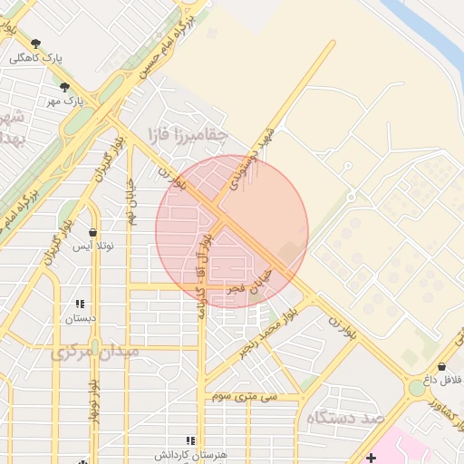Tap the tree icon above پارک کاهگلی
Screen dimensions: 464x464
pos(36,43)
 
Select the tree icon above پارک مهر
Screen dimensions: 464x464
pos(64,87)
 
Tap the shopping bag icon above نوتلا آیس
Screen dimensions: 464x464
pos(92,233)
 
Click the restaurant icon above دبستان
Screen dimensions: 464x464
pos(80,304)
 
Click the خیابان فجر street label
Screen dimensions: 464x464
pos(249,280)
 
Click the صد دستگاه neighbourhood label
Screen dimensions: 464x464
pos(345,417)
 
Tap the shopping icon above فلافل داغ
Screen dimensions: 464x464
pos(441,367)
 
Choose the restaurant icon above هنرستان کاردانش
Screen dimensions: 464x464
pos(190,440)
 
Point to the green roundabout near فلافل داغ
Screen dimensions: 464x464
pos(416,388)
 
